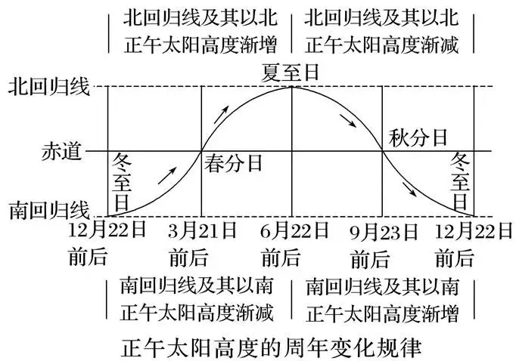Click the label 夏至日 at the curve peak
tap(290, 73)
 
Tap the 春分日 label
tap(233, 163)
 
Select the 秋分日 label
tap(418, 137)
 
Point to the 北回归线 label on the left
tap(49, 87)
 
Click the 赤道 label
tap(61, 152)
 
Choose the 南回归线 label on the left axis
tap(49, 210)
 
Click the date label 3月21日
tap(202, 230)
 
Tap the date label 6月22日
tap(294, 230)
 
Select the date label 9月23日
tap(384, 232)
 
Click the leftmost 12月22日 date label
tap(107, 230)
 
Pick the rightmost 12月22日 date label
tap(474, 231)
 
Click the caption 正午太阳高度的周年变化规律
tap(271, 348)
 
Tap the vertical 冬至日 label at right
tap(460, 181)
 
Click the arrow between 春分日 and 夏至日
tap(221, 115)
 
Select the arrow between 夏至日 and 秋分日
tap(348, 121)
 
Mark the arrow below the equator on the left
tap(167, 176)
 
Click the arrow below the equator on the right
tap(410, 190)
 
